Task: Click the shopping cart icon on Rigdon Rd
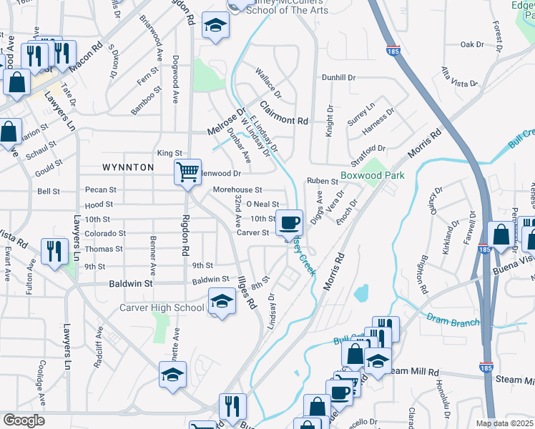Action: click(x=187, y=172)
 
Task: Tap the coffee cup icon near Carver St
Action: click(x=288, y=223)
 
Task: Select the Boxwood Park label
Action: click(x=373, y=175)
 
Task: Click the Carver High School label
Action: click(x=162, y=307)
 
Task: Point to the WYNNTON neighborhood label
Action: click(x=128, y=167)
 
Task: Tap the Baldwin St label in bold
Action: click(x=131, y=284)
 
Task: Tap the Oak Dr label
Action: click(x=472, y=44)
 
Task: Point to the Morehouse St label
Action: click(x=238, y=190)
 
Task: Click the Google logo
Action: click(x=24, y=420)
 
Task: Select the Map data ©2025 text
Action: click(x=504, y=423)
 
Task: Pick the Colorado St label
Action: click(x=105, y=233)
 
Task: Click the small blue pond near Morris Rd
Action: click(x=361, y=292)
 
